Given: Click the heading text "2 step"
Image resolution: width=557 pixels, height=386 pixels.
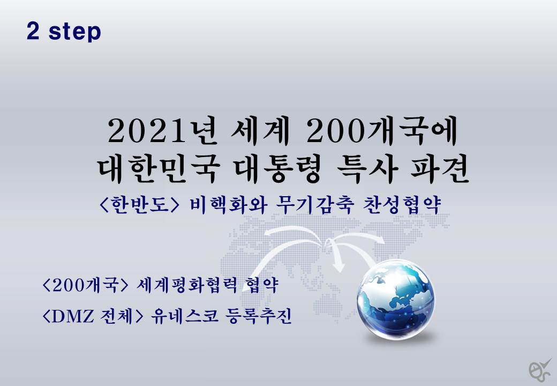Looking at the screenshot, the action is pyautogui.click(x=64, y=32).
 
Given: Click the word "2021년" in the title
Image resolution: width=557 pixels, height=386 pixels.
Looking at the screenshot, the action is pyautogui.click(x=162, y=131).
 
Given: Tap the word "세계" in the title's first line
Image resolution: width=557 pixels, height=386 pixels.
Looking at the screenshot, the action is pyautogui.click(x=260, y=131).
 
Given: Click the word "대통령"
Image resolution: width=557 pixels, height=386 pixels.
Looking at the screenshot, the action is pyautogui.click(x=278, y=170).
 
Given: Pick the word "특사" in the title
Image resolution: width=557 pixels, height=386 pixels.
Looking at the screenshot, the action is pyautogui.click(x=366, y=170).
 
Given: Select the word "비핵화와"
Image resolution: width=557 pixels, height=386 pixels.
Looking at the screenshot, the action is pyautogui.click(x=228, y=205).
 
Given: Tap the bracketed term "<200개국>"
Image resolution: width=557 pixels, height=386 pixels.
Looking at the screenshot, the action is pyautogui.click(x=85, y=285).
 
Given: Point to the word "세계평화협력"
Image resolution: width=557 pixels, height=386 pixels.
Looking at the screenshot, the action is pyautogui.click(x=186, y=285).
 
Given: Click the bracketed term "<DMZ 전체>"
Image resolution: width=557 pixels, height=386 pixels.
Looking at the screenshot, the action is pyautogui.click(x=93, y=316).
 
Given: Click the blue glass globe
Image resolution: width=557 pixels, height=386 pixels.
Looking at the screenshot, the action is pyautogui.click(x=395, y=300).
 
